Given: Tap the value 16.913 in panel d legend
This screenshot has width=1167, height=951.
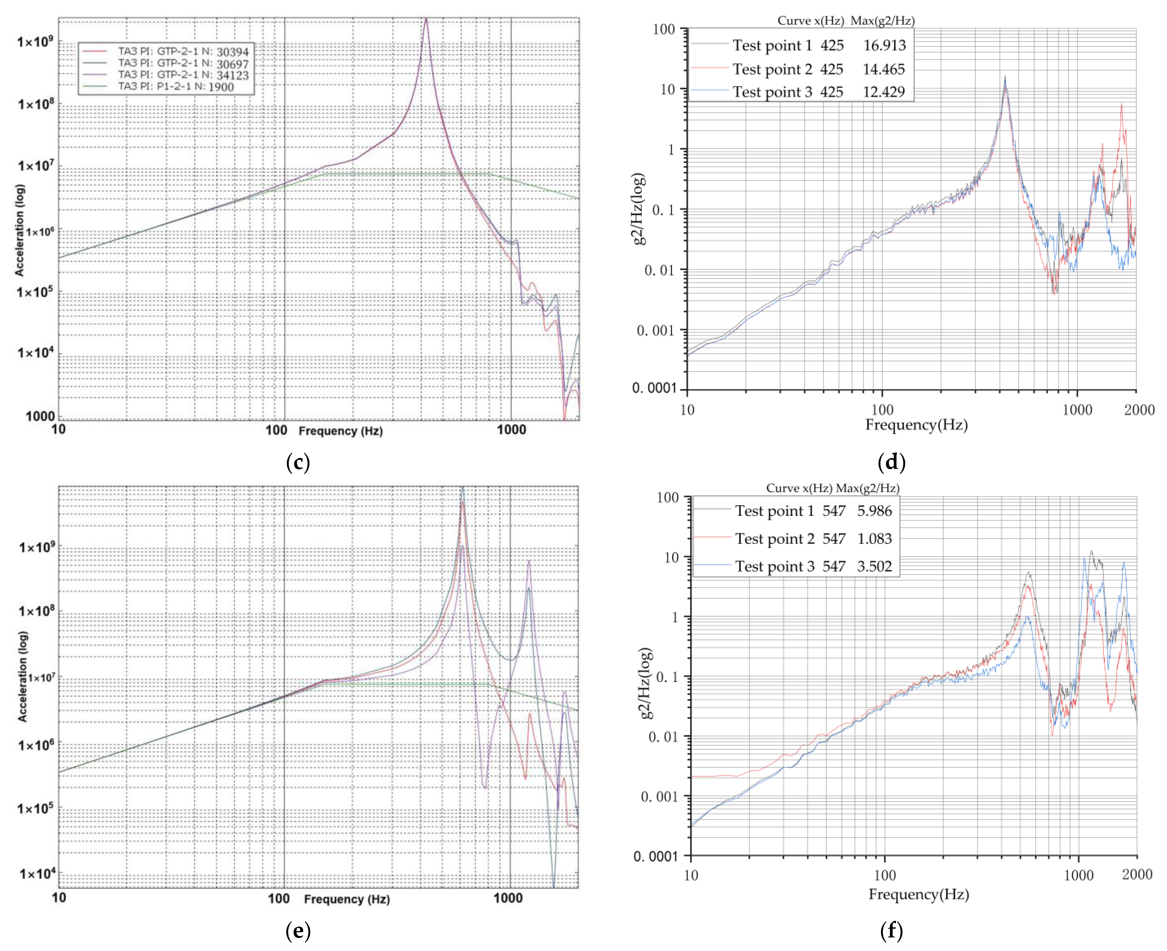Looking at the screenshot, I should (884, 45).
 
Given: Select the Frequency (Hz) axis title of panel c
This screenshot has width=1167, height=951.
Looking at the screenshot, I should (340, 431).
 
